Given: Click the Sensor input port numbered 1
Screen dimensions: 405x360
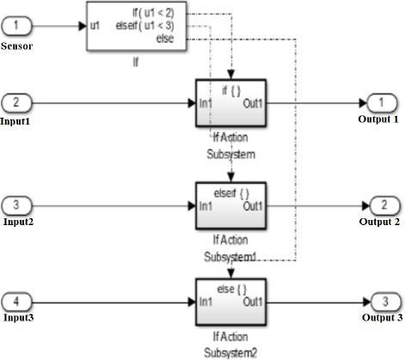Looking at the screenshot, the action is (16, 26).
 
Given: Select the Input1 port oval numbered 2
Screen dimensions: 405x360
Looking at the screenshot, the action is (16, 103).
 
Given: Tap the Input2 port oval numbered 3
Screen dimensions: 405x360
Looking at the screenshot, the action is (16, 205).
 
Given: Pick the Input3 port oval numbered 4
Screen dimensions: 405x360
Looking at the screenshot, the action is (16, 302).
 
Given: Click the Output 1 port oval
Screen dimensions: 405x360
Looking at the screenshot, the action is (382, 103).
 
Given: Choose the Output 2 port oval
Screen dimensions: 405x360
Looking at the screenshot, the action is (384, 205).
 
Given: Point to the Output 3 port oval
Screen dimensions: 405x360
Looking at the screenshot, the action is (385, 302).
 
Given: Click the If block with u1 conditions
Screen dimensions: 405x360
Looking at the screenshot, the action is (137, 27).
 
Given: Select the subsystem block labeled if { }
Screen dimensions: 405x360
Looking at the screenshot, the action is (230, 103).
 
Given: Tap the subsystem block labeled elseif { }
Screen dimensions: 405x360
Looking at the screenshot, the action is (230, 206).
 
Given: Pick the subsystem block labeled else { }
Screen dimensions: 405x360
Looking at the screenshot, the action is (230, 302).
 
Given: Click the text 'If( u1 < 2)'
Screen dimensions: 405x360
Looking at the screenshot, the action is (153, 13).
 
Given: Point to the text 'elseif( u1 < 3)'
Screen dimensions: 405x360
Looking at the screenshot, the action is (144, 26).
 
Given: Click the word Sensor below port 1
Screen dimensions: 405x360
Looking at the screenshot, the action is (16, 46).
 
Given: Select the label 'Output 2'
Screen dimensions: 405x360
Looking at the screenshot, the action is (379, 222).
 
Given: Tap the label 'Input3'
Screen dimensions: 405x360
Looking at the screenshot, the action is (19, 318).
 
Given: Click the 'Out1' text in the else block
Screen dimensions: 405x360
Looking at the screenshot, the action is (253, 302).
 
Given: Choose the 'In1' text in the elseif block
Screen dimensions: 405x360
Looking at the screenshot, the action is (206, 206).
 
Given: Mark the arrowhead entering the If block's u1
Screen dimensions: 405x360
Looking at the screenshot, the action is (83, 26).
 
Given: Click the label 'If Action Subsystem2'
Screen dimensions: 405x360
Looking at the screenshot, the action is (230, 345).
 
